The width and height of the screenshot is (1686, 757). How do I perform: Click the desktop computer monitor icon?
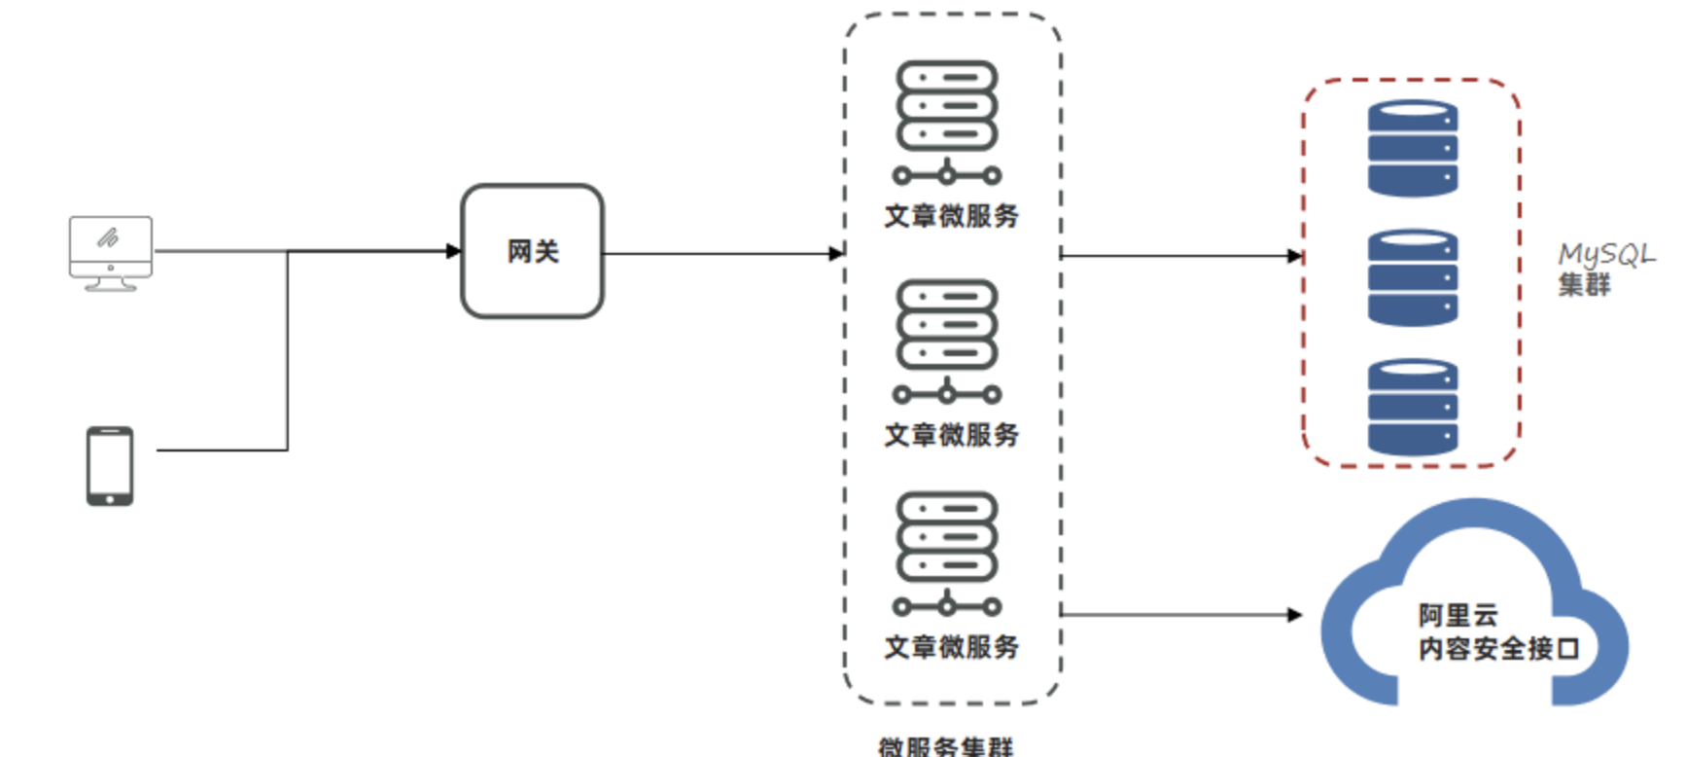click(x=111, y=252)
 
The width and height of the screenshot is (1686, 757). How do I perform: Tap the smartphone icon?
click(x=110, y=466)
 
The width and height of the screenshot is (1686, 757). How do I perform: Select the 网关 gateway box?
click(x=532, y=251)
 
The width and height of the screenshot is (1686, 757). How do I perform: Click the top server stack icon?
click(x=947, y=122)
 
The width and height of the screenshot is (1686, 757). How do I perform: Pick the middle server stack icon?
click(x=947, y=341)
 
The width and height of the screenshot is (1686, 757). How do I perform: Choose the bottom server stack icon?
click(x=947, y=553)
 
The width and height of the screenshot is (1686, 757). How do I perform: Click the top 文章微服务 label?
click(x=951, y=216)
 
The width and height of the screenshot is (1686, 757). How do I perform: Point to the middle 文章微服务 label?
click(x=951, y=435)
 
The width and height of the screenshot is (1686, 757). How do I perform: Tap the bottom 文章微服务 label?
click(x=951, y=647)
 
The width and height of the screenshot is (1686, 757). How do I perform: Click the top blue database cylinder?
click(x=1412, y=149)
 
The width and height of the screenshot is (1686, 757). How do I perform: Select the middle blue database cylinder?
click(x=1412, y=277)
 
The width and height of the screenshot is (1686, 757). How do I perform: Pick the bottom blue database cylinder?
click(x=1412, y=407)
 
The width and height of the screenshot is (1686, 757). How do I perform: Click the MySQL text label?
click(x=1605, y=255)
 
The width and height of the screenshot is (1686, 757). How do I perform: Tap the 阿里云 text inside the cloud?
click(x=1458, y=615)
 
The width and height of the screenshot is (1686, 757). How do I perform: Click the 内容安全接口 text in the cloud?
click(x=1498, y=648)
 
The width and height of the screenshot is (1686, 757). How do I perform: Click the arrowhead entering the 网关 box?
click(x=453, y=251)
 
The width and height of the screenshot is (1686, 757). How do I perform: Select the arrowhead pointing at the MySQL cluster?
click(x=1294, y=256)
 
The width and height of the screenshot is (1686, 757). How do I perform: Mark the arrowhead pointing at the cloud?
click(x=1294, y=615)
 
